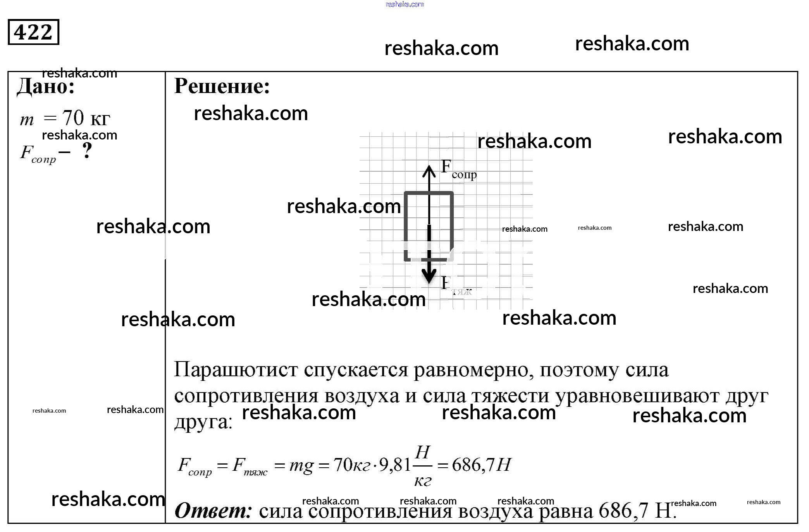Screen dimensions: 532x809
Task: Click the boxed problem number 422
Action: click(x=33, y=32)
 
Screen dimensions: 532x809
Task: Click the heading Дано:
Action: click(x=46, y=86)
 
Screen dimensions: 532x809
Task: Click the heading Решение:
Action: click(x=222, y=86)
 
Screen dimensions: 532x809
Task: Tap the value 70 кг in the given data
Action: click(x=86, y=118)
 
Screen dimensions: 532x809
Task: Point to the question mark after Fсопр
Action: click(x=88, y=151)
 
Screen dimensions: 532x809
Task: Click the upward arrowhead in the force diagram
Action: click(x=429, y=170)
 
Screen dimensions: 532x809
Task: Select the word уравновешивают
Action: click(x=638, y=396)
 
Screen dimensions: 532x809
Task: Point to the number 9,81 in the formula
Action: click(x=395, y=465)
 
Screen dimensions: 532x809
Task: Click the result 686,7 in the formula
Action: click(x=473, y=465)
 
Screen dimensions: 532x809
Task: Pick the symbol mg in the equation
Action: click(x=301, y=465)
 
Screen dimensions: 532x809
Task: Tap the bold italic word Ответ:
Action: click(x=213, y=510)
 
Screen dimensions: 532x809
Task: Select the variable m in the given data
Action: click(x=27, y=120)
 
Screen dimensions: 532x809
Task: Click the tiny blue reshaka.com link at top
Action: click(x=404, y=4)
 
